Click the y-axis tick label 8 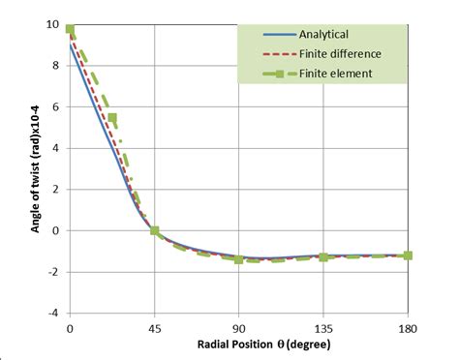pyautogui.click(x=54, y=65)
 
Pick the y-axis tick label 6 pyautogui.click(x=54, y=106)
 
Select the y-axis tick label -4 pyautogui.click(x=52, y=313)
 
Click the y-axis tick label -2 pyautogui.click(x=52, y=272)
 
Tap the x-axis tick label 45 pyautogui.click(x=155, y=329)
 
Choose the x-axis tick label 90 pyautogui.click(x=239, y=329)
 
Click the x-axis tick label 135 pyautogui.click(x=323, y=329)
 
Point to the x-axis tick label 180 pyautogui.click(x=408, y=329)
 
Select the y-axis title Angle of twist pyautogui.click(x=27, y=169)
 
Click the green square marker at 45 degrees pyautogui.click(x=155, y=230)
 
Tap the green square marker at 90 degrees pyautogui.click(x=239, y=259)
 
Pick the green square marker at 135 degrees pyautogui.click(x=323, y=257)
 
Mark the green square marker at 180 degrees pyautogui.click(x=408, y=255)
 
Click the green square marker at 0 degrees pyautogui.click(x=71, y=29)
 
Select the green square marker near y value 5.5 pyautogui.click(x=112, y=118)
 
